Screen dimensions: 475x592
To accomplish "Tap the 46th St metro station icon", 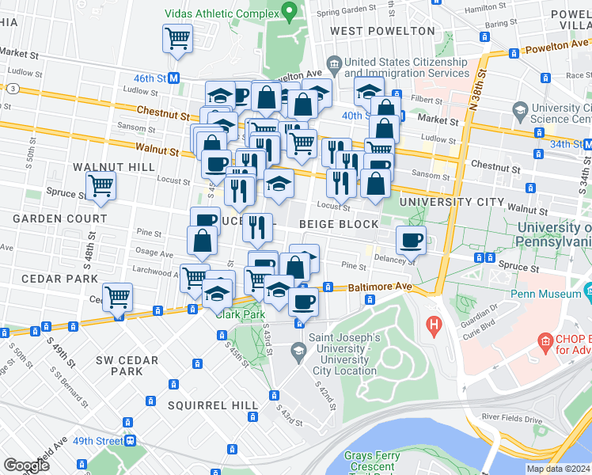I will tap(173, 78).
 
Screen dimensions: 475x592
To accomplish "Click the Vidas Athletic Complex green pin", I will tap(289, 12).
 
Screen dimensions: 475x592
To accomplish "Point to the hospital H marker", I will tap(433, 324).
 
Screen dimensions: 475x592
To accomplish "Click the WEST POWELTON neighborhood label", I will tap(382, 31).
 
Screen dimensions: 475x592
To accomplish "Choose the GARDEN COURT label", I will tap(59, 218).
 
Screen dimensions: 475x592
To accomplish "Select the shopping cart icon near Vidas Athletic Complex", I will tap(177, 37).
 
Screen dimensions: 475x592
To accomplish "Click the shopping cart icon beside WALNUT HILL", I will tap(101, 185).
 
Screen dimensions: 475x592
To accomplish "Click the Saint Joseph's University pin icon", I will tap(298, 349).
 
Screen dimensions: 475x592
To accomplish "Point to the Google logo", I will tap(26, 465).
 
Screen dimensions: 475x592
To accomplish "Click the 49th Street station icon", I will tap(128, 440).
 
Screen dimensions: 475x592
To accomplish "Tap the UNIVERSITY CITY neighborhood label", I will tap(452, 203).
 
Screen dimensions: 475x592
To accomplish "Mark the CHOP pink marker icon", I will tap(545, 342).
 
